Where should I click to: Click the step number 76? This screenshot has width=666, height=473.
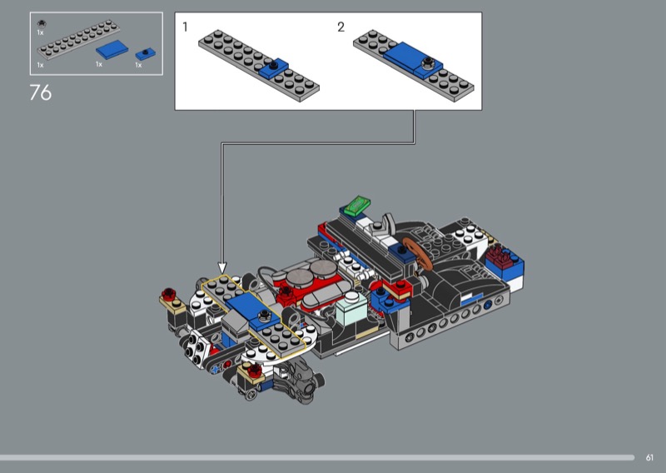[x=40, y=92]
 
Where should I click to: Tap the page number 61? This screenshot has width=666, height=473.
[x=649, y=458]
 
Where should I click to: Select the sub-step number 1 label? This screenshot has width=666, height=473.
[x=185, y=27]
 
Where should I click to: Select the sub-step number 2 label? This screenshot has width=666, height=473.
[x=340, y=27]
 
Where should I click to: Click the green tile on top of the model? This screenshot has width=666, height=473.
[x=357, y=205]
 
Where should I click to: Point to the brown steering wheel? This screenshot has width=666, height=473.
[x=418, y=254]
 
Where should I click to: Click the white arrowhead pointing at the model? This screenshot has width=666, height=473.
[x=222, y=268]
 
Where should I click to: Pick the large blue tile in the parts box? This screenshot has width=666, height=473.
[x=112, y=50]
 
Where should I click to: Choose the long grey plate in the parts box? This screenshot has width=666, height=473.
[x=78, y=39]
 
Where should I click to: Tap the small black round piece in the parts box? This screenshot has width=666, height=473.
[x=41, y=24]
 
